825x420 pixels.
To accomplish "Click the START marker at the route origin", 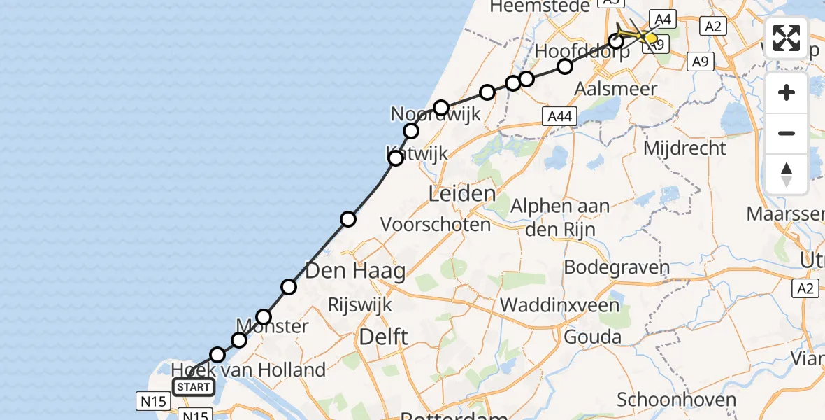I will tap(194, 387).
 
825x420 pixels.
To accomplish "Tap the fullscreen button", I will tap(787, 38).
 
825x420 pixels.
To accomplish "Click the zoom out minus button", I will tap(787, 133).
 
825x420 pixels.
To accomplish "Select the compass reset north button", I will tap(787, 174).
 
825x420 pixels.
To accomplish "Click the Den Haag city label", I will tap(356, 270).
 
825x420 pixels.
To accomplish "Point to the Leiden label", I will tap(461, 193).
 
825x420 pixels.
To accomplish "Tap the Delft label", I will tap(382, 337).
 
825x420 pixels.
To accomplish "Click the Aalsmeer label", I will tap(615, 89).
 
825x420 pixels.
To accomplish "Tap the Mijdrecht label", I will tap(684, 148).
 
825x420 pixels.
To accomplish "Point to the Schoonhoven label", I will tap(676, 400).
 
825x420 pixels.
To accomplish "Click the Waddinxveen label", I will tap(560, 305).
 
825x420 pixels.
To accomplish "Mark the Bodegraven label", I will tap(617, 267).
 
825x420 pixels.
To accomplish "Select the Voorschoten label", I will tap(436, 225).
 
